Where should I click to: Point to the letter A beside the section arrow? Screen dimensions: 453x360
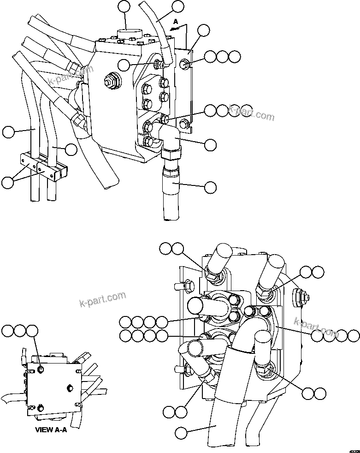point(175,22)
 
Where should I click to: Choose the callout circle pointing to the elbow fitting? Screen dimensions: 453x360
point(210,144)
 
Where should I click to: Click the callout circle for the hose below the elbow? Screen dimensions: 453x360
point(210,187)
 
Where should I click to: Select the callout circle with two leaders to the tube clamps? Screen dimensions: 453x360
point(8,182)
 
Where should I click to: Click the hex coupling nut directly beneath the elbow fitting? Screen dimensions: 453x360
point(171,154)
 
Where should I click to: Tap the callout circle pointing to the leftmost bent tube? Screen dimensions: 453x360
point(8,132)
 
